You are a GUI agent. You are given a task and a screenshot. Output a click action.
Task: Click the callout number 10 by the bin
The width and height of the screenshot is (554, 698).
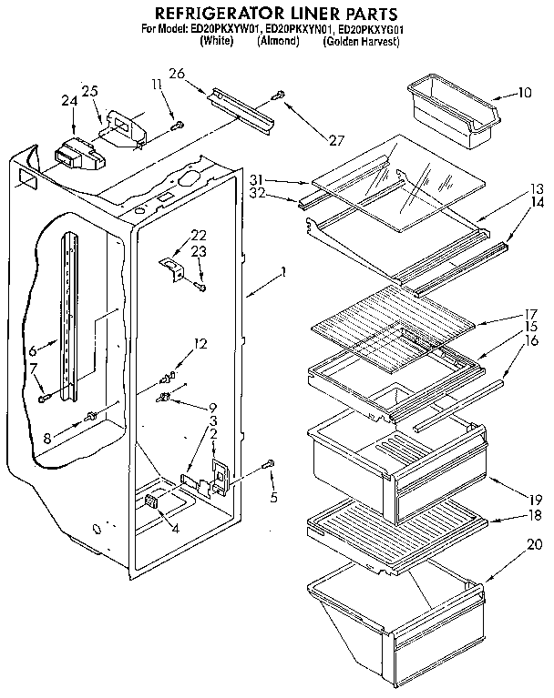click(x=524, y=92)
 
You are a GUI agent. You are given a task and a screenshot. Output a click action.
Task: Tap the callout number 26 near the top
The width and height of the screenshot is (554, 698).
click(x=176, y=74)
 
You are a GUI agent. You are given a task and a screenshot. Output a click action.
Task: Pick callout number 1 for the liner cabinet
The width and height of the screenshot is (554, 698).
click(x=284, y=272)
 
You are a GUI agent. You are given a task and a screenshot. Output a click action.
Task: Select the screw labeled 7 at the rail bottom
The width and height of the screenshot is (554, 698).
click(x=43, y=396)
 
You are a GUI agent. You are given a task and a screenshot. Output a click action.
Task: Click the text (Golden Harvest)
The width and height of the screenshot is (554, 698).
click(x=362, y=41)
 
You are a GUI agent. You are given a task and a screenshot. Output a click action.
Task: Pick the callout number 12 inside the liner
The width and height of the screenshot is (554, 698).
click(x=201, y=344)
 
